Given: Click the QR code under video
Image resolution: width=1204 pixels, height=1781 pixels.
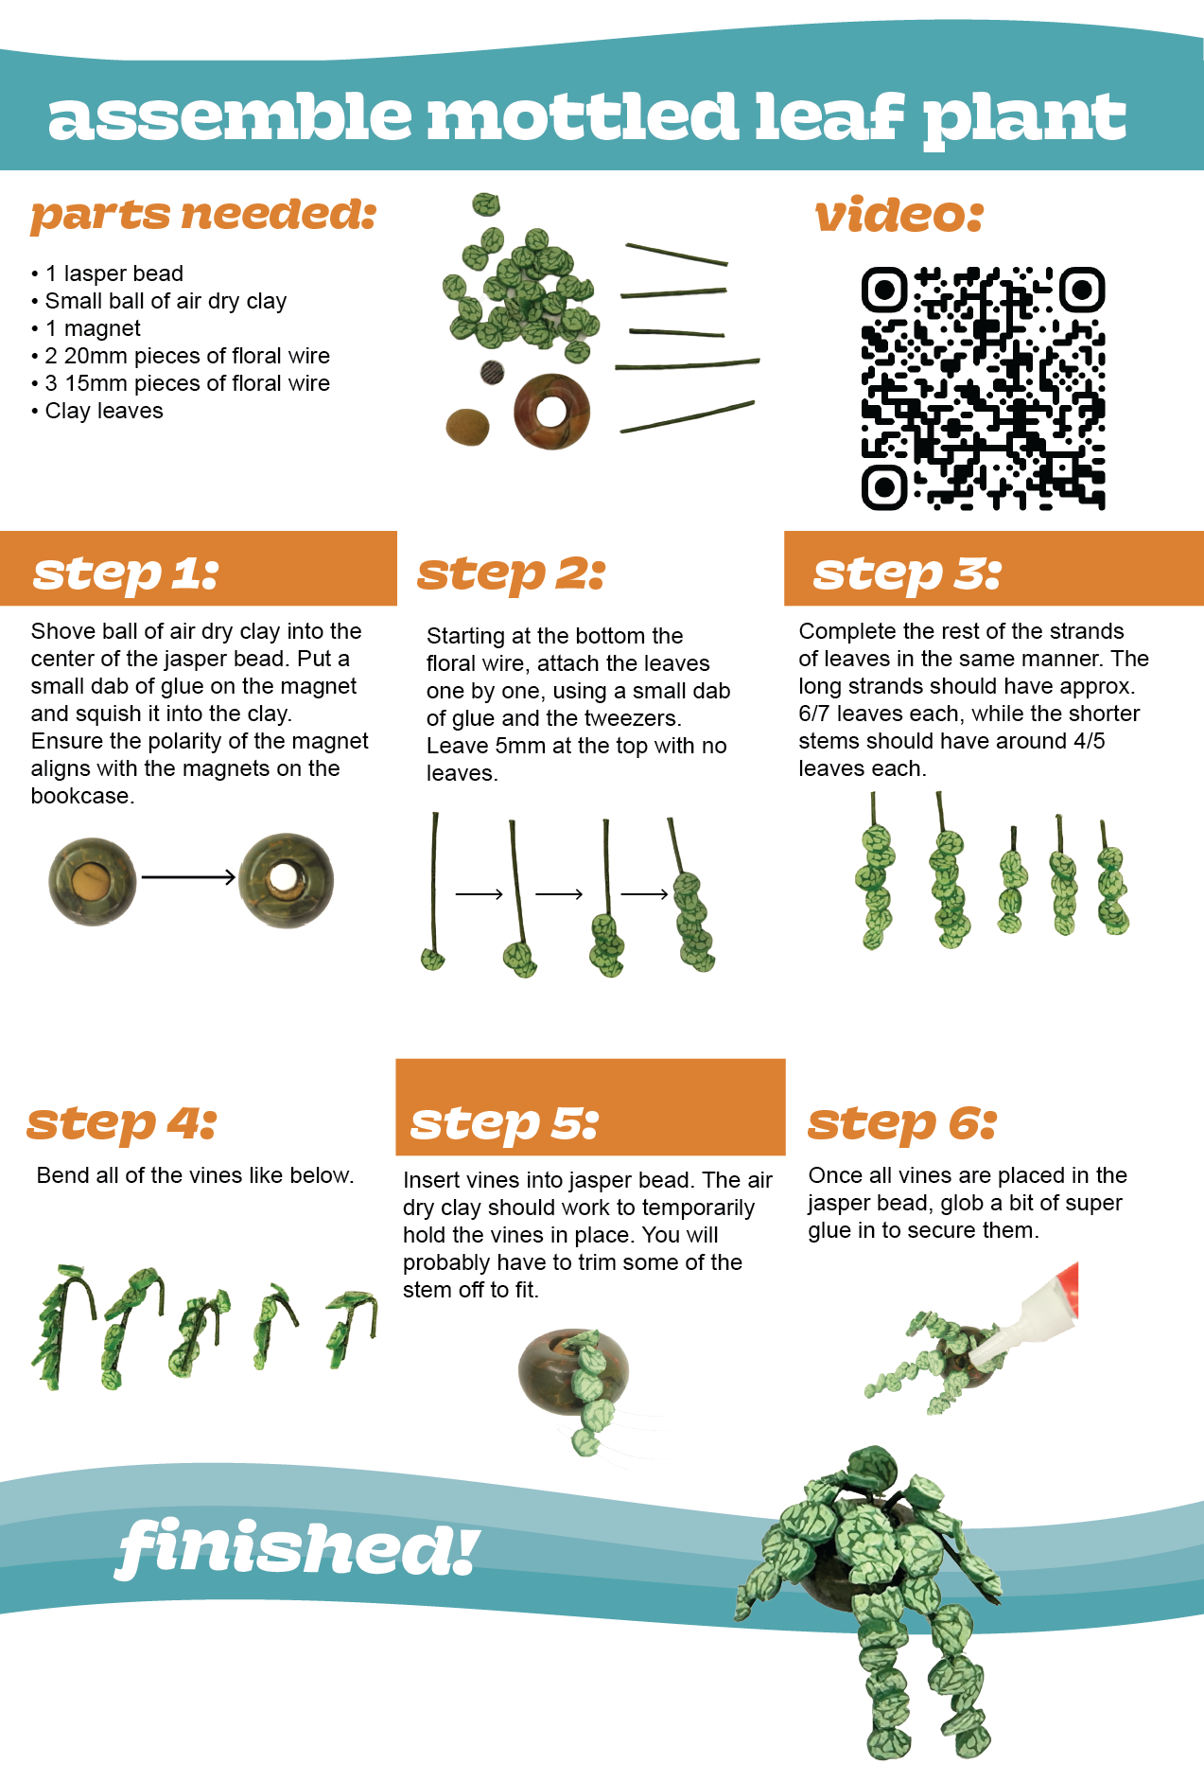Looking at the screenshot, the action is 983,388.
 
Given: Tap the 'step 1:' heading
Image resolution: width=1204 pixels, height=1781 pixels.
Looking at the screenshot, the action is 126,573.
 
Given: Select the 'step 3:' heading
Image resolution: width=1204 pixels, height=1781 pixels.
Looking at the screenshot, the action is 907,573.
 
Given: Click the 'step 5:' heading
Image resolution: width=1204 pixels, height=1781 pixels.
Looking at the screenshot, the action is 504,1123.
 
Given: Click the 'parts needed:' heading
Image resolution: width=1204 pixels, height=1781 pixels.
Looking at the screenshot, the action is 203,214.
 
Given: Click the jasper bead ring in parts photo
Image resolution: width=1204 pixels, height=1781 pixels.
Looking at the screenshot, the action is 551,412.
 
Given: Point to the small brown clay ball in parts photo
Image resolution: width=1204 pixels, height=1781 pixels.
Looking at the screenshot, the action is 467,427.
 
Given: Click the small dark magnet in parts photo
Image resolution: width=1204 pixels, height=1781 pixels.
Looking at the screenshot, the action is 492,372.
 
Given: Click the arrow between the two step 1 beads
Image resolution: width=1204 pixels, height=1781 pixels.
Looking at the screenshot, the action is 188,877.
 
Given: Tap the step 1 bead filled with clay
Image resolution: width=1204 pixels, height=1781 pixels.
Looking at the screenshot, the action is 92,881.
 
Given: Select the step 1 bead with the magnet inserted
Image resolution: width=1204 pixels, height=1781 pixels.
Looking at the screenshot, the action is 286,881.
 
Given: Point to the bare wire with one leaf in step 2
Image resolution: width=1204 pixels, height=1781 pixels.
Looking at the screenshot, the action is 433,890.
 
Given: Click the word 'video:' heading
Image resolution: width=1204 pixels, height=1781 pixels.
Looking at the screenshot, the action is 899,215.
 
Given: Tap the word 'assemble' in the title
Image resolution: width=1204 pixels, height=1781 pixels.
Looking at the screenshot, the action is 230,116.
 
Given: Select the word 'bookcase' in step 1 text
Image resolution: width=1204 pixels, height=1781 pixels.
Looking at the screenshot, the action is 79,796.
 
